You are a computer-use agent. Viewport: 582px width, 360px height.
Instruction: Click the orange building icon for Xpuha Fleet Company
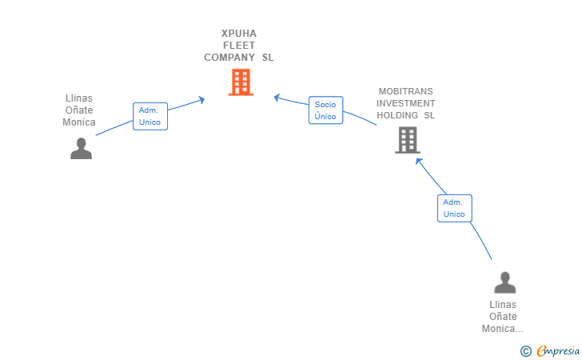[x=241, y=82]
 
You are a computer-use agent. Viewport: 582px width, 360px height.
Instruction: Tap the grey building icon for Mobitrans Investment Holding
[x=408, y=140]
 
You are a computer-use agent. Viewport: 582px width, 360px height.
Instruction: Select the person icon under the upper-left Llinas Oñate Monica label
[x=81, y=149]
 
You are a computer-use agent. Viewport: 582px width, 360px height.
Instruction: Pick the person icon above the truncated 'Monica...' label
[x=504, y=282]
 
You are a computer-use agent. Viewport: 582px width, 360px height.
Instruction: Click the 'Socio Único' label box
[x=325, y=110]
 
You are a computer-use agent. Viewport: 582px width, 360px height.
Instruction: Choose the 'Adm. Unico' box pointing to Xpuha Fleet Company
[x=149, y=116]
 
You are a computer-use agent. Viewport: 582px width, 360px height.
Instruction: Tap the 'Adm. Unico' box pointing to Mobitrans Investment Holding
[x=454, y=208]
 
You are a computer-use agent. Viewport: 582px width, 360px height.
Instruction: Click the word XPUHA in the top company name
[x=239, y=34]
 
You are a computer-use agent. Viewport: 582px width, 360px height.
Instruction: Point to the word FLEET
[x=239, y=46]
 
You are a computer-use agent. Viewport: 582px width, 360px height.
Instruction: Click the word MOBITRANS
[x=406, y=91]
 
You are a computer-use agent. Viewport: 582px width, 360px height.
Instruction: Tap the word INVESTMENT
[x=406, y=103]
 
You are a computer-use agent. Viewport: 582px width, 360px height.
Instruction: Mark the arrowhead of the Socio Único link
[x=277, y=98]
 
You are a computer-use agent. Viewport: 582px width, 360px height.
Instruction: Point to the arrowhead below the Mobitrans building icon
[x=417, y=160]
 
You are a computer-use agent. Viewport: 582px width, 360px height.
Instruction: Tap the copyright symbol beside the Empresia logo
[x=525, y=351]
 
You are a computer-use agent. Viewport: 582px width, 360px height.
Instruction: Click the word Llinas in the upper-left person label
[x=79, y=98]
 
